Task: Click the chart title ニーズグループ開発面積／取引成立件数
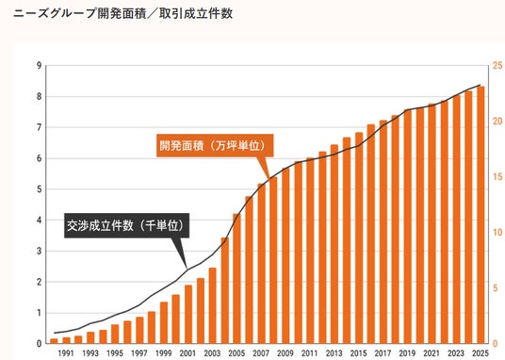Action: pyautogui.click(x=122, y=14)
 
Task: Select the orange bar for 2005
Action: pyautogui.click(x=236, y=278)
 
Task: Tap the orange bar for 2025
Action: pyautogui.click(x=481, y=215)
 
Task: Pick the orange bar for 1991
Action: pyautogui.click(x=66, y=340)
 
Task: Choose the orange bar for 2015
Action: pyautogui.click(x=359, y=237)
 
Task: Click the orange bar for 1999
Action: pyautogui.click(x=164, y=322)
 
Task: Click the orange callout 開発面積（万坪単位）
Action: pyautogui.click(x=215, y=146)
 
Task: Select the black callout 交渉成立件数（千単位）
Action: pyautogui.click(x=126, y=225)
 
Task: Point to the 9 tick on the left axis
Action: pyautogui.click(x=40, y=66)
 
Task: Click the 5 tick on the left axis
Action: pyautogui.click(x=40, y=189)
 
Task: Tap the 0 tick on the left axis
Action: pyautogui.click(x=40, y=344)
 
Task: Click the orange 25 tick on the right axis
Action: pyautogui.click(x=497, y=66)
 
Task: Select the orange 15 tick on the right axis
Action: pyautogui.click(x=497, y=177)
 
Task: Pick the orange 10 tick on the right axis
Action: pyautogui.click(x=497, y=233)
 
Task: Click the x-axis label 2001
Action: pyautogui.click(x=187, y=353)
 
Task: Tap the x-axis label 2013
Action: pyautogui.click(x=334, y=353)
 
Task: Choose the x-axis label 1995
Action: pyautogui.click(x=115, y=353)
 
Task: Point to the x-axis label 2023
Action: pyautogui.click(x=456, y=353)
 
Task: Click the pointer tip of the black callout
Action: pyautogui.click(x=187, y=269)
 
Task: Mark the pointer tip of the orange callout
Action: pyautogui.click(x=269, y=178)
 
